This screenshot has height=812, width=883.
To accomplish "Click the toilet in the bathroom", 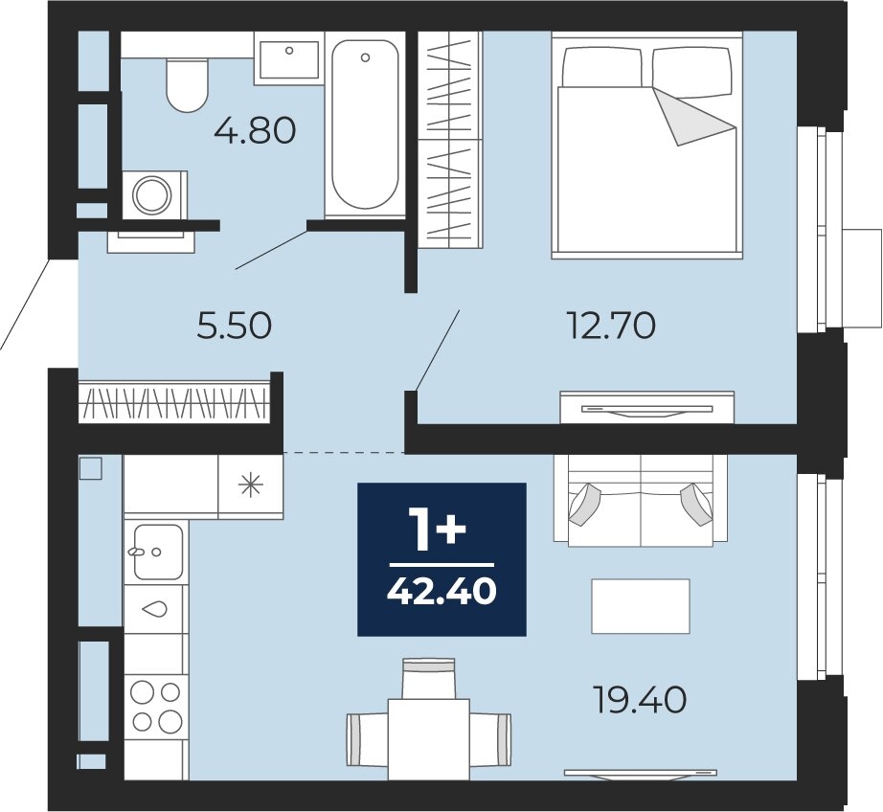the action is (188, 84).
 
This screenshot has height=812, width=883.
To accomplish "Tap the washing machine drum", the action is (152, 194).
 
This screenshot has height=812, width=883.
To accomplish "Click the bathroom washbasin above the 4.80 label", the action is (289, 58).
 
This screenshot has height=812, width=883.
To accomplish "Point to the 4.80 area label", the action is (255, 131).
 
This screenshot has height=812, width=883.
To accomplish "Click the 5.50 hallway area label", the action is (235, 326).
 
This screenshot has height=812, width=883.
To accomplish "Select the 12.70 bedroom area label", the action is (612, 326).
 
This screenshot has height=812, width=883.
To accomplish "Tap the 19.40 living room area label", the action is (641, 700).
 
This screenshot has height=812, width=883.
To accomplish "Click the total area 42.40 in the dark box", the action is (441, 592).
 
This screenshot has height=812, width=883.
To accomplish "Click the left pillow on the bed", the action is (603, 68).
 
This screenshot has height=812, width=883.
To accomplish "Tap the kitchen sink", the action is (157, 552).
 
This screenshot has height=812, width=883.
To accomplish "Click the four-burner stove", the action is (155, 706).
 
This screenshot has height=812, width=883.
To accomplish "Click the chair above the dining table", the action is (428, 678).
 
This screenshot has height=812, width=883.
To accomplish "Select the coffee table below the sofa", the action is (641, 606).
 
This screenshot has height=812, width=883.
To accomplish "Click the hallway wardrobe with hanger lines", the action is (173, 402).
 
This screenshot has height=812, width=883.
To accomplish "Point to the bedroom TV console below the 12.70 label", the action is (647, 407).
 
